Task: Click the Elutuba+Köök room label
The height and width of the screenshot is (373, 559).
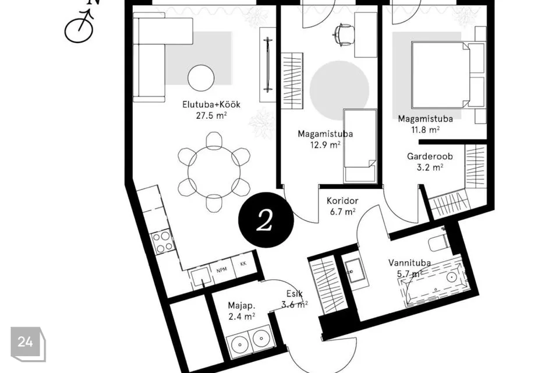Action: point(211,104)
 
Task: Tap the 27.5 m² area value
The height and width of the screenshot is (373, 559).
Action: point(211,115)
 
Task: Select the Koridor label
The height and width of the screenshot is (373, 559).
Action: point(342,201)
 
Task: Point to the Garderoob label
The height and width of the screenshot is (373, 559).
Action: point(430,156)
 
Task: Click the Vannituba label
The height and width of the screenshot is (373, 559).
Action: point(409,263)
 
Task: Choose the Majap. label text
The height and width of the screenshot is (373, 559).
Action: point(241,306)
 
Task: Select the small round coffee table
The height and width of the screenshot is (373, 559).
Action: point(201,78)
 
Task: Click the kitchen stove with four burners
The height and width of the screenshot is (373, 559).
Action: point(162,242)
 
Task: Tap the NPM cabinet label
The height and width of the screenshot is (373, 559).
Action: point(222,270)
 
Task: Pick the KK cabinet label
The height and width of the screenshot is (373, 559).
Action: point(243,264)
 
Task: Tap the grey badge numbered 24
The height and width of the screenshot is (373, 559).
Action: point(28,344)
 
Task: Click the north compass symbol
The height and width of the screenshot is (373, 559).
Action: point(79,26)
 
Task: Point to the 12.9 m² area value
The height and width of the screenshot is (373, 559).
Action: point(325,145)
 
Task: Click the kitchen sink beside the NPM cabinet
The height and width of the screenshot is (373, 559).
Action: point(201,277)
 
